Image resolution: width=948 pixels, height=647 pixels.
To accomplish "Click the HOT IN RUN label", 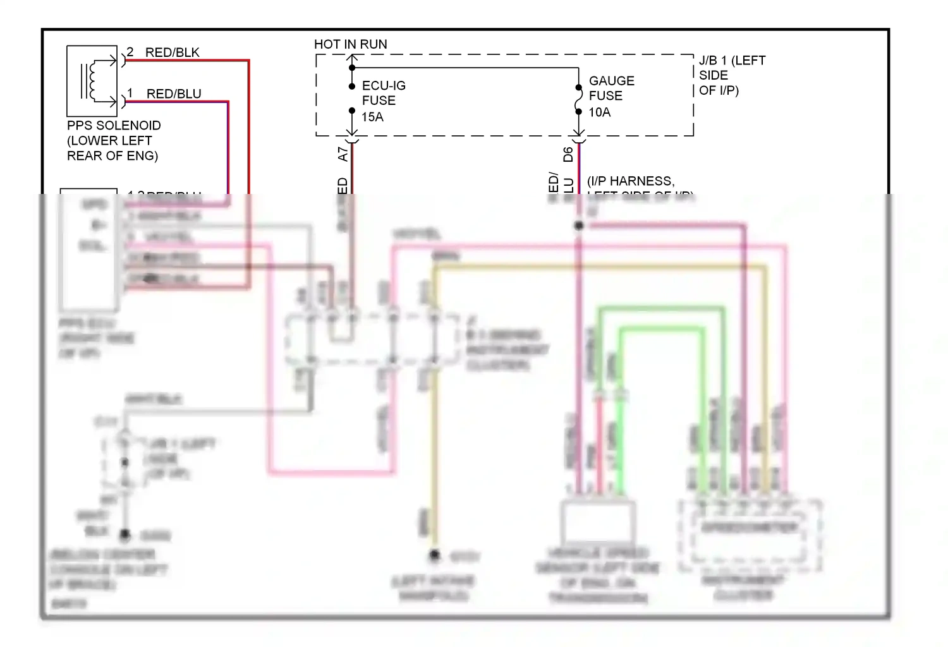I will (x=350, y=44).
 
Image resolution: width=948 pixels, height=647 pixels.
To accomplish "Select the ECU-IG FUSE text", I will (x=383, y=93).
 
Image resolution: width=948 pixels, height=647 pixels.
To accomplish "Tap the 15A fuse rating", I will (x=372, y=117).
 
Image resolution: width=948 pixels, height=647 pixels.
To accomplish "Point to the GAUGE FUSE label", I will (x=611, y=88).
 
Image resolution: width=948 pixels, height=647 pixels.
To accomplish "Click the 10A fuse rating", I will (x=599, y=112).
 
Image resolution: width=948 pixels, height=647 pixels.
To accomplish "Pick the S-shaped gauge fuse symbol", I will (x=578, y=100).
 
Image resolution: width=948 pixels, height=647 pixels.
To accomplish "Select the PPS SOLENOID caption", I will (x=114, y=125).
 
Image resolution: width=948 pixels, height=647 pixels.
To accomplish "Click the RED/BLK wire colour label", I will (x=172, y=52).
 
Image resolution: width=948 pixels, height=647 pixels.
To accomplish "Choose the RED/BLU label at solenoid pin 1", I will (x=174, y=94).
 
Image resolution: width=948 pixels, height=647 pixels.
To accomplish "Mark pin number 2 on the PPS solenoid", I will (x=130, y=52).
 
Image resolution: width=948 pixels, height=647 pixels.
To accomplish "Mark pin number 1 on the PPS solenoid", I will (x=130, y=94).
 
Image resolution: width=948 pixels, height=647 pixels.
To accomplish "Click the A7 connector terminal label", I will (x=343, y=154).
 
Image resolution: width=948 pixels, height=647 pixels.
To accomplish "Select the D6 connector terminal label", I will (x=568, y=154).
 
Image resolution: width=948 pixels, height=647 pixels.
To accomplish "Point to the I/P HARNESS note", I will (x=631, y=181).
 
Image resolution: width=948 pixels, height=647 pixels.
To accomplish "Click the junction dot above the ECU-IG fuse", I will (x=352, y=68).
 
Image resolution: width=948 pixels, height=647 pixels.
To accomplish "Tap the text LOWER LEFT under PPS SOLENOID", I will (x=109, y=140).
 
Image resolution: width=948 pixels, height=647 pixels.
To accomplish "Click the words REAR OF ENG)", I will (x=112, y=155).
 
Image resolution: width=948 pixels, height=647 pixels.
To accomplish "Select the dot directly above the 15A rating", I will (x=352, y=111).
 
